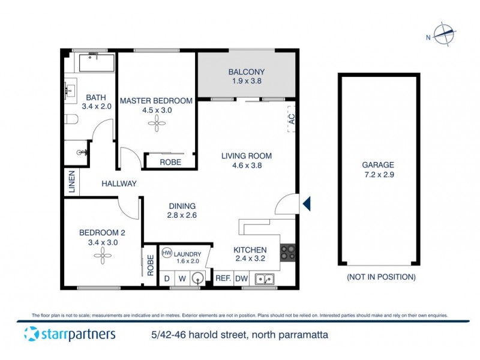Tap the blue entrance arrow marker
[307, 204]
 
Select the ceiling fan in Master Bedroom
[156, 124]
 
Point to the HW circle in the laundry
[167, 253]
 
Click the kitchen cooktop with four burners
[287, 253]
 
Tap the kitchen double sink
[264, 278]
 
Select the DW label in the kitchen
[241, 278]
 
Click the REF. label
[223, 278]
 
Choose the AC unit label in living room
[292, 120]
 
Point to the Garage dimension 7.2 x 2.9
[377, 175]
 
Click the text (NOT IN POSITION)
[381, 277]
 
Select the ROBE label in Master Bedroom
[171, 162]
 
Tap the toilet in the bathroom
[71, 120]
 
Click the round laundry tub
[198, 278]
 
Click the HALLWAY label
[119, 184]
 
